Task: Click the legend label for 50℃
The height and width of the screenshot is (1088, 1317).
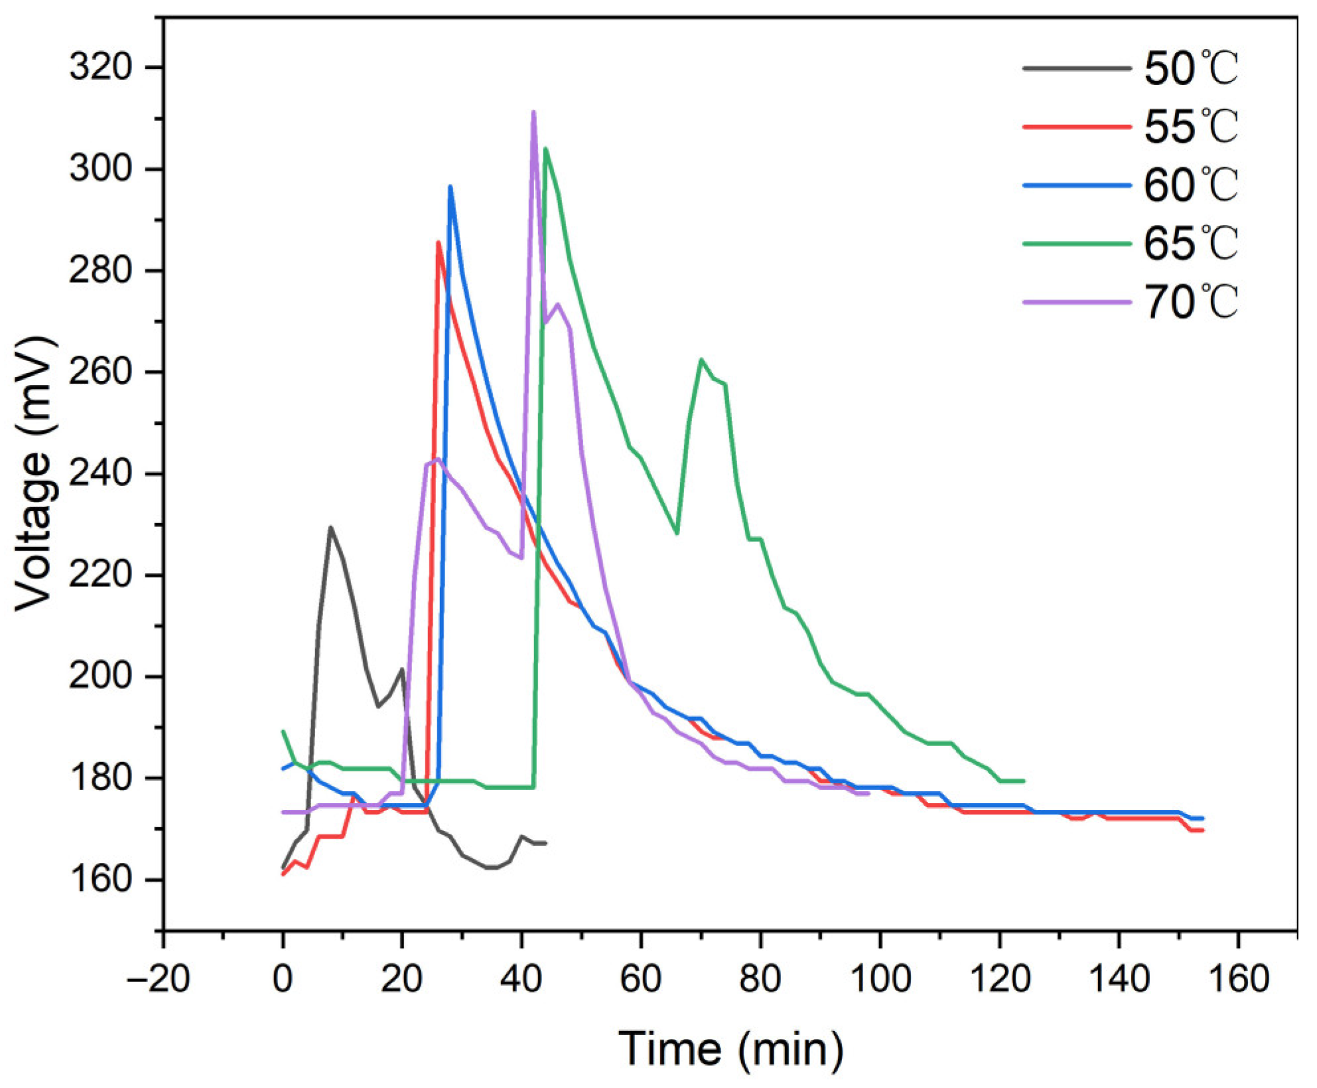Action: click(x=1191, y=68)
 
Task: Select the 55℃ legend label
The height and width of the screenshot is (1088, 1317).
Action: click(x=1191, y=127)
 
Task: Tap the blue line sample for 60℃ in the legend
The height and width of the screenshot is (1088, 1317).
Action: click(x=1076, y=185)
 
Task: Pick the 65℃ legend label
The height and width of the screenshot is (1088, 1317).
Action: click(x=1191, y=244)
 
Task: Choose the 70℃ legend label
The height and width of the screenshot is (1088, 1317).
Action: click(x=1191, y=302)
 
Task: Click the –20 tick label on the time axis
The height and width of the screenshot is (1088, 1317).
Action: click(x=158, y=978)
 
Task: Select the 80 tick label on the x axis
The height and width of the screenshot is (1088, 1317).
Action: click(x=760, y=978)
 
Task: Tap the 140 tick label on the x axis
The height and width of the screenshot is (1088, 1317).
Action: click(x=1119, y=978)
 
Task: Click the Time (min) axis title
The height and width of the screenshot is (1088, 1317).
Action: click(x=730, y=1049)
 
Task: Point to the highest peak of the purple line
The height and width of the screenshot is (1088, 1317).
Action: click(x=533, y=112)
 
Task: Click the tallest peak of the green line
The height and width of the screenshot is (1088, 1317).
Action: click(x=545, y=149)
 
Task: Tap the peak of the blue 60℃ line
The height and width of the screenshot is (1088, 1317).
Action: click(x=450, y=187)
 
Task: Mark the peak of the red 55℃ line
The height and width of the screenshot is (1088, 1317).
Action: click(x=438, y=242)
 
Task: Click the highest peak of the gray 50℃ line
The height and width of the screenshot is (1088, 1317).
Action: click(x=330, y=528)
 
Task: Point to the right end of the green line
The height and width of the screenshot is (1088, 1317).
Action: click(x=1024, y=781)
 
